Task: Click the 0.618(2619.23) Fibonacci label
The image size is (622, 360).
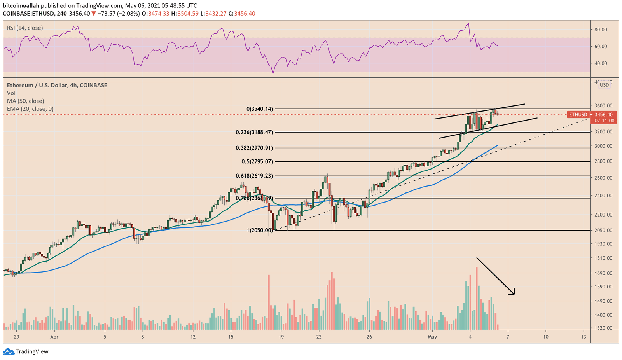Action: point(254,176)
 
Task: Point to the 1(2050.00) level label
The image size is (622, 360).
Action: point(260,230)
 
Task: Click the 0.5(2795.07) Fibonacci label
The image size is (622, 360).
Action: point(257,161)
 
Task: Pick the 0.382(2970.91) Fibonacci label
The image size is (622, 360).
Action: point(254,148)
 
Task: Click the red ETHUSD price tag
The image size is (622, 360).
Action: point(578,115)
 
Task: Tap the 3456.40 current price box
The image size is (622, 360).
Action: point(603,115)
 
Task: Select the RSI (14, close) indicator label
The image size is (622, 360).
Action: point(25,28)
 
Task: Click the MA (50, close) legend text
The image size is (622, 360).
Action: point(25,101)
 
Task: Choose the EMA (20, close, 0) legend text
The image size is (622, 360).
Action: point(30,109)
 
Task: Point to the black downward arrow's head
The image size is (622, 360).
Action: point(513,293)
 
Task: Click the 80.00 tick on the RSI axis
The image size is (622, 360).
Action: point(601,30)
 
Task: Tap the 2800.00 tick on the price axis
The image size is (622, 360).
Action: point(603,161)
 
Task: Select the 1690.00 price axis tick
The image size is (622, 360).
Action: point(603,273)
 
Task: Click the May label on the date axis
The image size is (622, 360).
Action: point(432,337)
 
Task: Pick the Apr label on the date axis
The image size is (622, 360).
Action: point(54,337)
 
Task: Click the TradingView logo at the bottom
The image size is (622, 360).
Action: point(26,352)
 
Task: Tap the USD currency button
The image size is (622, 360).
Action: point(604,85)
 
